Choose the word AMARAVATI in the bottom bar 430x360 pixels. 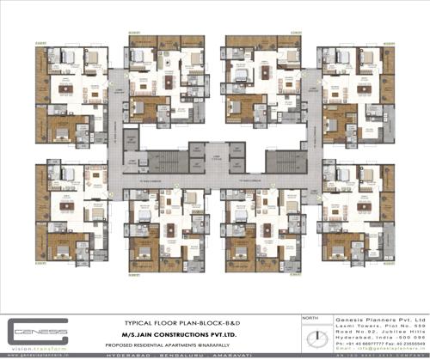(269, 352)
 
